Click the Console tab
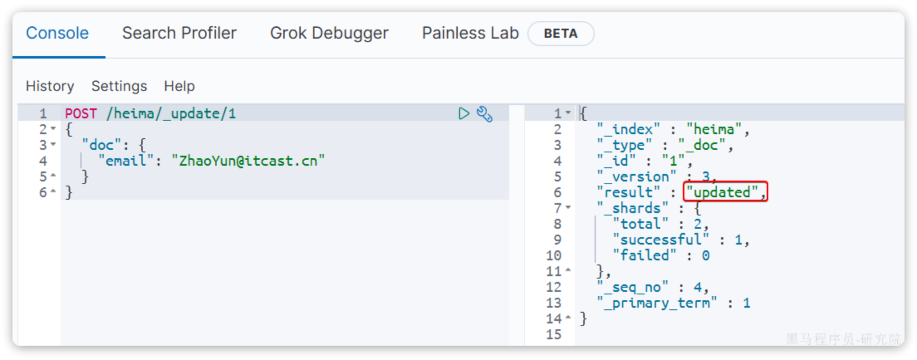[x=57, y=33]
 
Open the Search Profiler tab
[x=179, y=33]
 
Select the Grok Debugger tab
[x=329, y=33]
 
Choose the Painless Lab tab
[x=470, y=33]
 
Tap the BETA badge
[x=560, y=34]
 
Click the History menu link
[x=50, y=86]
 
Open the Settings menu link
[x=119, y=86]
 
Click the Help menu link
[x=179, y=86]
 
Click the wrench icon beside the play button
[x=484, y=114]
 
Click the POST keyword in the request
[x=81, y=114]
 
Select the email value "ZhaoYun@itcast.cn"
[x=248, y=161]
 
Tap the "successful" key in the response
[x=660, y=240]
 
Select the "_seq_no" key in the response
[x=633, y=287]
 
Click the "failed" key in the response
[x=644, y=255]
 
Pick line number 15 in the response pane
[x=554, y=335]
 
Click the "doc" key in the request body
[x=102, y=145]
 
